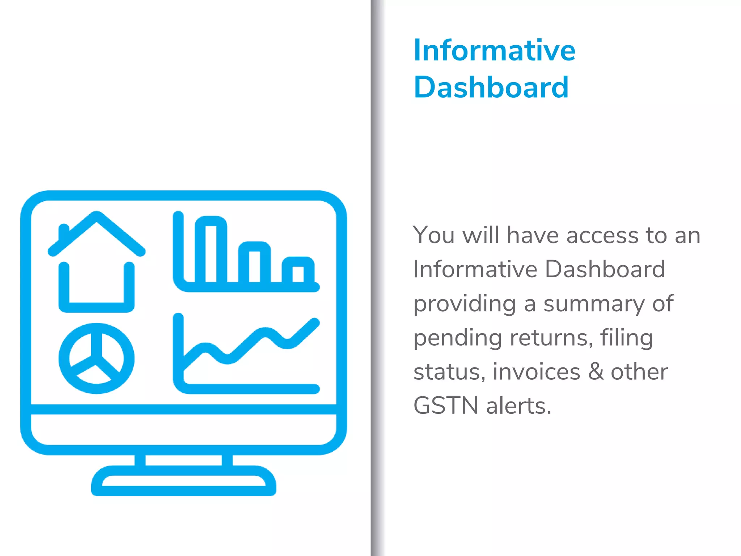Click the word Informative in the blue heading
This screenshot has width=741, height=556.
494,50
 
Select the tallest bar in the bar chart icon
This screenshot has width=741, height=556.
211,250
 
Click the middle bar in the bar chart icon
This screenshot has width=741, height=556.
254,262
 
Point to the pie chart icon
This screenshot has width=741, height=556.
97,358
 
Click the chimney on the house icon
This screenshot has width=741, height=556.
64,232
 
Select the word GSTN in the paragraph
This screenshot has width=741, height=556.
446,406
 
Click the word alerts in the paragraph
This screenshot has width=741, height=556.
518,406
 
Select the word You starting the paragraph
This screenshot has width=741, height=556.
433,235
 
